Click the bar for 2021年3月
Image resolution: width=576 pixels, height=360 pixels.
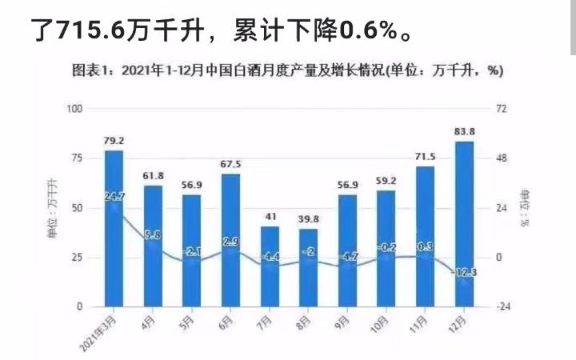[x=114, y=228]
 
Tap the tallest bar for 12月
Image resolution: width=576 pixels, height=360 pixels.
[x=464, y=224]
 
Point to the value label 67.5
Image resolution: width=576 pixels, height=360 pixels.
[x=230, y=164]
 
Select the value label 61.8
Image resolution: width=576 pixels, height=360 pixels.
[x=153, y=175]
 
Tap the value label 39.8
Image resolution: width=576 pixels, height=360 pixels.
[x=309, y=219]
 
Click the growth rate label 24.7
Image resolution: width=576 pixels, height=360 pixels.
[x=114, y=195]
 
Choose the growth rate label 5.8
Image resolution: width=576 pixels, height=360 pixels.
[x=153, y=235]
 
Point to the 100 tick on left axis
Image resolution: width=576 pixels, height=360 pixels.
[x=75, y=108]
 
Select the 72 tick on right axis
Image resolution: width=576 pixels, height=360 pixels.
[x=502, y=108]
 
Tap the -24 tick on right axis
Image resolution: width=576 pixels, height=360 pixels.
[x=502, y=307]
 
